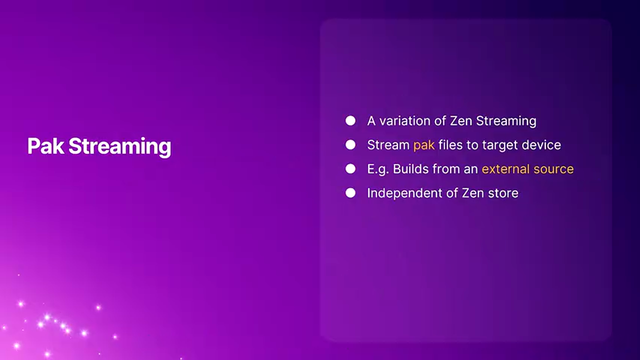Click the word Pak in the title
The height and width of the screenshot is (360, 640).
tap(45, 146)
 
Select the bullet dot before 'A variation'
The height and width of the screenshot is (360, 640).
tap(350, 121)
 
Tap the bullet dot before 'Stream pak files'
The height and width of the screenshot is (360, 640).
tap(350, 145)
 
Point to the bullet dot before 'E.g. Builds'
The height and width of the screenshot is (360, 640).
tap(350, 169)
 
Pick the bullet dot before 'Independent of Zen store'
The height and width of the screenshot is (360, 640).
tap(350, 193)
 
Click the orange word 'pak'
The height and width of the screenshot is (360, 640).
tap(424, 145)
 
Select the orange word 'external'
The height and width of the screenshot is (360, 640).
tap(505, 169)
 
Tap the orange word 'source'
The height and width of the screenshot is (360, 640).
tap(553, 170)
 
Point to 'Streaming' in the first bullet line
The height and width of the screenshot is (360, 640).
tap(506, 121)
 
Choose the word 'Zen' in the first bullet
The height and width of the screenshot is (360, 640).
tap(461, 121)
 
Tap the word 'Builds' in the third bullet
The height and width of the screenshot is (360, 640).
tap(410, 169)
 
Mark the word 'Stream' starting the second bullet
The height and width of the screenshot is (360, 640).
tap(388, 145)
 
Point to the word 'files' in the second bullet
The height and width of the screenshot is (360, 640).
tap(450, 145)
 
